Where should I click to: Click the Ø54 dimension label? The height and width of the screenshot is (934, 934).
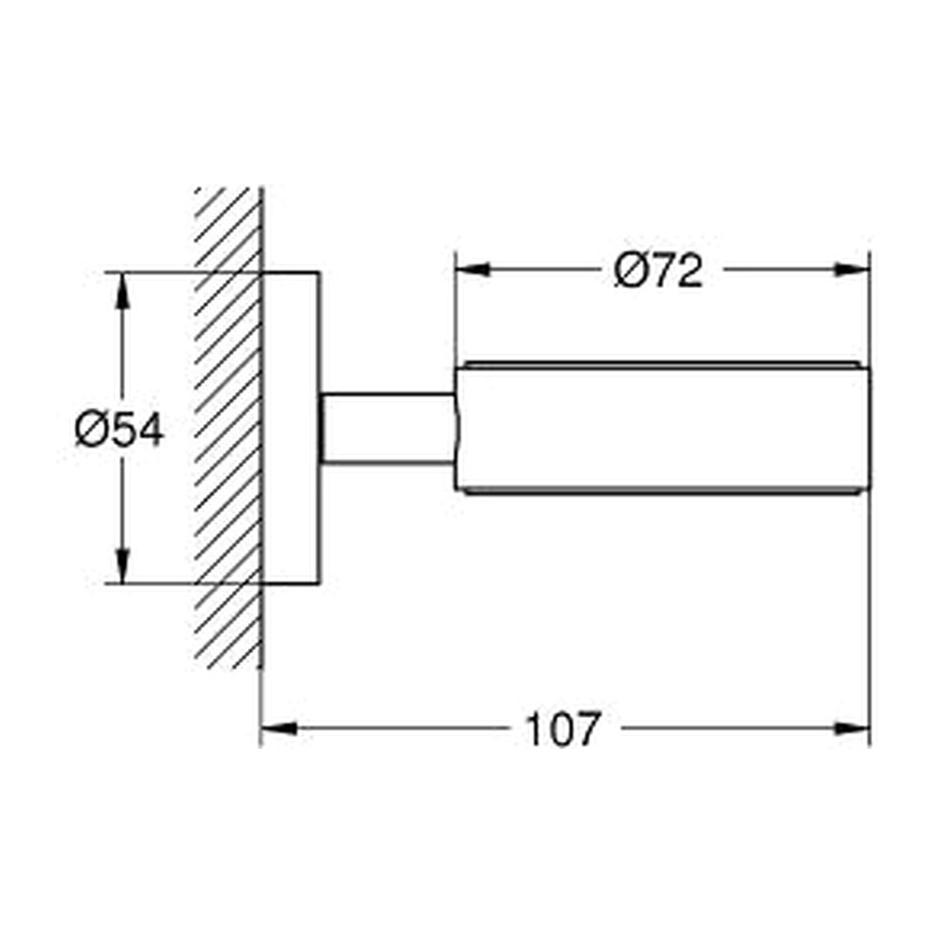(119, 430)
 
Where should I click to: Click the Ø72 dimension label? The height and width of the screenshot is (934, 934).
(659, 270)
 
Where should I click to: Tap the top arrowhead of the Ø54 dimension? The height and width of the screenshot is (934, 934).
(122, 291)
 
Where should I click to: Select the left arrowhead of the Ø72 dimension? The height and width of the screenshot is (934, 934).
(472, 270)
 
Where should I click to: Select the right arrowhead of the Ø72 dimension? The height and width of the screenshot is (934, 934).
(853, 270)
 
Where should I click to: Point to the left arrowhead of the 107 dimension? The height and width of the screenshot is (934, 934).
(279, 729)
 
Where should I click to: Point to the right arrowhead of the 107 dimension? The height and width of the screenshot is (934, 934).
(853, 729)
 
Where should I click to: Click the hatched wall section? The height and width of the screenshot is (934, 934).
(228, 428)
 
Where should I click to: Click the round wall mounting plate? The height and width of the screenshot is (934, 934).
(291, 428)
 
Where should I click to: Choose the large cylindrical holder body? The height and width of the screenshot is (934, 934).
(663, 429)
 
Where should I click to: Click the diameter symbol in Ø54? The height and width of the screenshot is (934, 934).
(89, 431)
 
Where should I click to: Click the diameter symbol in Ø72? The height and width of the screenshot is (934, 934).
(629, 270)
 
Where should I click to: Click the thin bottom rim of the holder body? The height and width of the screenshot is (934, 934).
(662, 492)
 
